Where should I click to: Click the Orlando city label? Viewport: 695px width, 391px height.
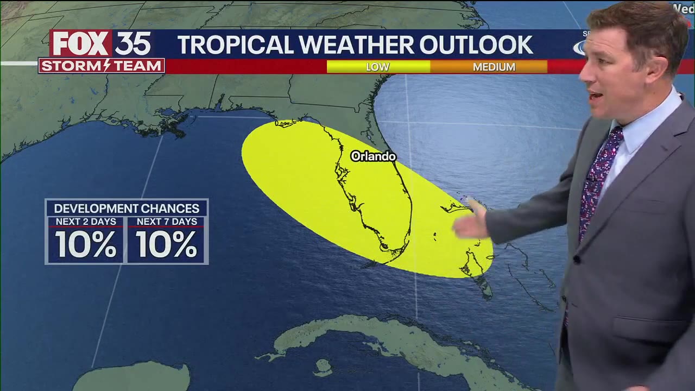pyautogui.click(x=373, y=156)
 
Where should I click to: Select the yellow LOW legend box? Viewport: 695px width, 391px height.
pyautogui.click(x=378, y=67)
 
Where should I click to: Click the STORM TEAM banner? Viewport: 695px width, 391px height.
pyautogui.click(x=102, y=66)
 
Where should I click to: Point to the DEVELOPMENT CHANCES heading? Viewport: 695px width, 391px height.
pyautogui.click(x=127, y=209)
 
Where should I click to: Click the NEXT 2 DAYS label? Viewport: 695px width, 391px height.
pyautogui.click(x=86, y=222)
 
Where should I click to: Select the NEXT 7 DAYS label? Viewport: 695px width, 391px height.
pyautogui.click(x=166, y=222)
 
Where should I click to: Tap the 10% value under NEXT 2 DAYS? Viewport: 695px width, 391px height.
pyautogui.click(x=86, y=244)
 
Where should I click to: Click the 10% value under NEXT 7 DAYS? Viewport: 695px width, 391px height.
pyautogui.click(x=166, y=244)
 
